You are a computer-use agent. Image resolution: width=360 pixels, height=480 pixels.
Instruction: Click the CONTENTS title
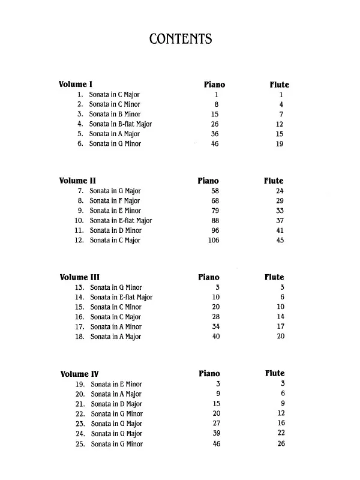180,40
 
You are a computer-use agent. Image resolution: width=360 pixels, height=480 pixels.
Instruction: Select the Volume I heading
76,85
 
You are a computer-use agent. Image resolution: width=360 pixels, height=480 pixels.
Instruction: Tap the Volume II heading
78,181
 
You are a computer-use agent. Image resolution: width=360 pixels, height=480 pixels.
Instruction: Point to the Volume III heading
80,277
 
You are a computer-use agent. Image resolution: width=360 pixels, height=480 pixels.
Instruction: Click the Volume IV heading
79,374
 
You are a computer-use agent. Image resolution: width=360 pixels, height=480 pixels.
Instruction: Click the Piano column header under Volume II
208,181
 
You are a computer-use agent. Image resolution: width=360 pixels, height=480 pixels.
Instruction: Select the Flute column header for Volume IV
275,374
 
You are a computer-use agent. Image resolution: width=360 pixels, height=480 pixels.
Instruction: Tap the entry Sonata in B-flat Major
120,124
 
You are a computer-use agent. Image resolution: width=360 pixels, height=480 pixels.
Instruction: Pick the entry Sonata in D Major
116,404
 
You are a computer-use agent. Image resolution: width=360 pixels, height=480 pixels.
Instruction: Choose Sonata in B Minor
115,114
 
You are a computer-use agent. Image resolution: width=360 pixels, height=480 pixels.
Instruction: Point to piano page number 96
215,230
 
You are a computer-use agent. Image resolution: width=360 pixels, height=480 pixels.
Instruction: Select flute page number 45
280,241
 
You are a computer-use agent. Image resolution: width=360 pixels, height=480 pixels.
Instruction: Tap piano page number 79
215,211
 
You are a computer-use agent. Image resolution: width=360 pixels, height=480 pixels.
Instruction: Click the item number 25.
80,444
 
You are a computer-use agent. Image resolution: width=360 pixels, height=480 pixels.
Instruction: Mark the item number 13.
80,287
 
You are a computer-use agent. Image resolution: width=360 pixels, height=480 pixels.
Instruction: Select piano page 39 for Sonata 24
217,434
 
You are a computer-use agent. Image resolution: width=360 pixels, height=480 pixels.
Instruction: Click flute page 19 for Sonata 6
280,144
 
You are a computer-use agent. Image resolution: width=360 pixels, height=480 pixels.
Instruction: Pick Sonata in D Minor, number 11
115,230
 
